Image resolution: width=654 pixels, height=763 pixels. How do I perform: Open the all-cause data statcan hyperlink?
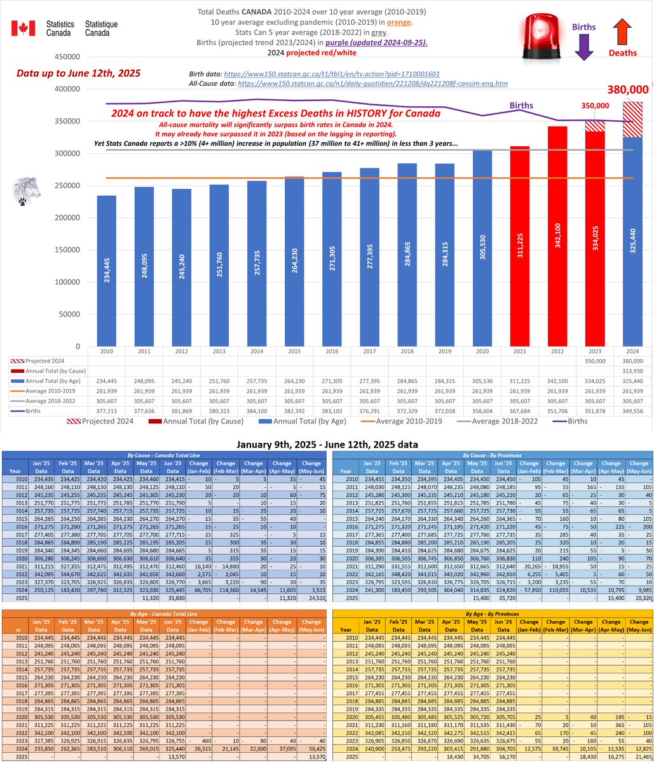coord(372,84)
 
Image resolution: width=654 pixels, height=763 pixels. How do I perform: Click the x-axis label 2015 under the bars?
coord(294,351)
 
